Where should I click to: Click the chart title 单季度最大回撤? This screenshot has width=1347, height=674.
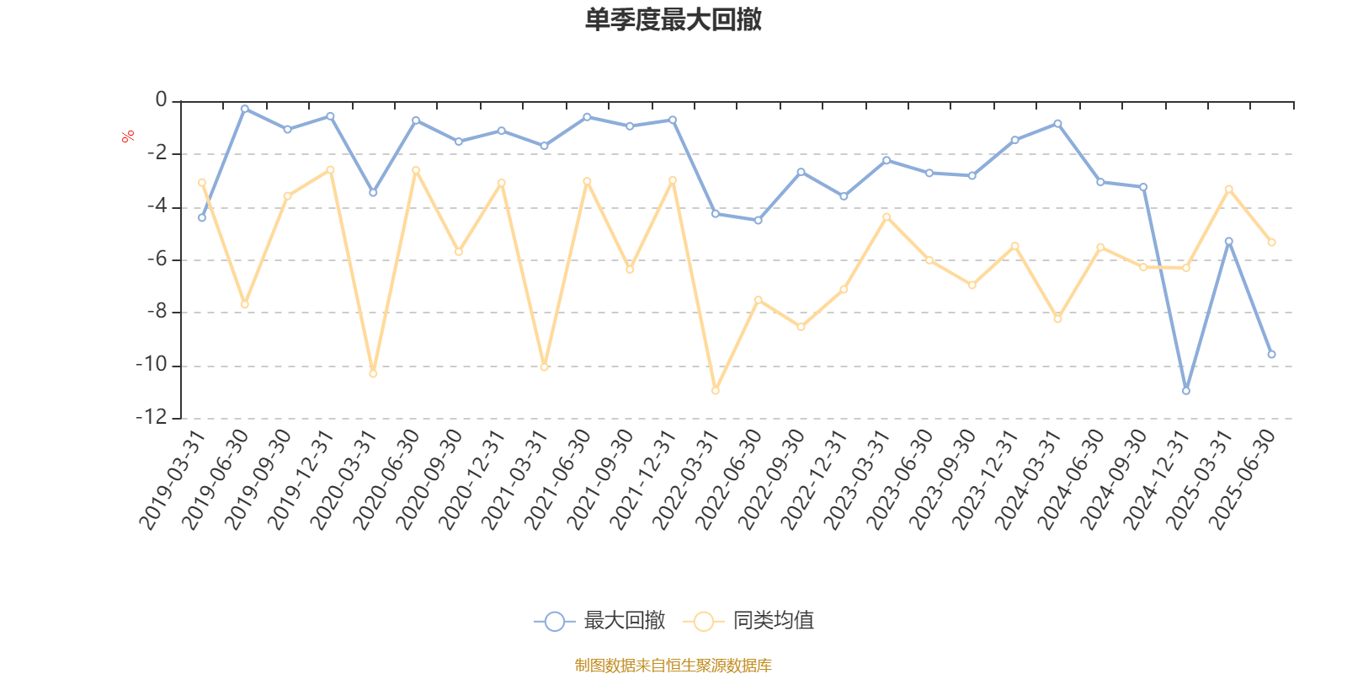[673, 20]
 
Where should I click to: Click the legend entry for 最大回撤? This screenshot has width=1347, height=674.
[599, 622]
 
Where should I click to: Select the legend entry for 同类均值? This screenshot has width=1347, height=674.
[748, 622]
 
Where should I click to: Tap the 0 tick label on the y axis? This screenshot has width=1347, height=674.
[161, 101]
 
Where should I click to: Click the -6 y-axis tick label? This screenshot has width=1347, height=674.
[157, 259]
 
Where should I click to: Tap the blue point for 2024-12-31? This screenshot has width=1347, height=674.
[1186, 391]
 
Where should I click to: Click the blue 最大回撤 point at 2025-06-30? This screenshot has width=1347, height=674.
[1271, 355]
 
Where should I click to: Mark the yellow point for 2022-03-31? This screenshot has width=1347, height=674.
[716, 391]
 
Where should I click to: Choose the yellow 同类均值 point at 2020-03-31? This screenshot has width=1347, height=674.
[373, 373]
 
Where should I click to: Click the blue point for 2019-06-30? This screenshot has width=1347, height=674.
[245, 109]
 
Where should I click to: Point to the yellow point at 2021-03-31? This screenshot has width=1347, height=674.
[545, 367]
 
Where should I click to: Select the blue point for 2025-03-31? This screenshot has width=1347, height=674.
[1229, 242]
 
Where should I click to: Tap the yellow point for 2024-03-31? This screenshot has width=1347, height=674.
[1058, 318]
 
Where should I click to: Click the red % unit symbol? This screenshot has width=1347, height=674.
[128, 136]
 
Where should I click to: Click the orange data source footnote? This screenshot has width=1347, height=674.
[673, 666]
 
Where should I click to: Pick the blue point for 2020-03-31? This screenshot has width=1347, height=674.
[373, 193]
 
